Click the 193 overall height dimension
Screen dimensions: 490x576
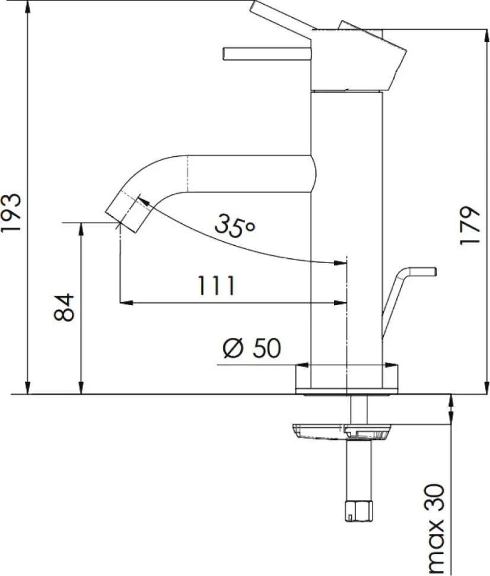coord(11,212)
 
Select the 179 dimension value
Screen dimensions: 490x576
coord(469,226)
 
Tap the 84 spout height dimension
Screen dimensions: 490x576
coord(64,308)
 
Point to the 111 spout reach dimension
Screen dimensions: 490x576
coord(216,286)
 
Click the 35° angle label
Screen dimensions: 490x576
coord(234,225)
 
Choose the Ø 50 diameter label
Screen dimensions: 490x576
coord(252,348)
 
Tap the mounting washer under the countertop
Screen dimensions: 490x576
coord(342,432)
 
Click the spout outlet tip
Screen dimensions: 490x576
coord(127,213)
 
